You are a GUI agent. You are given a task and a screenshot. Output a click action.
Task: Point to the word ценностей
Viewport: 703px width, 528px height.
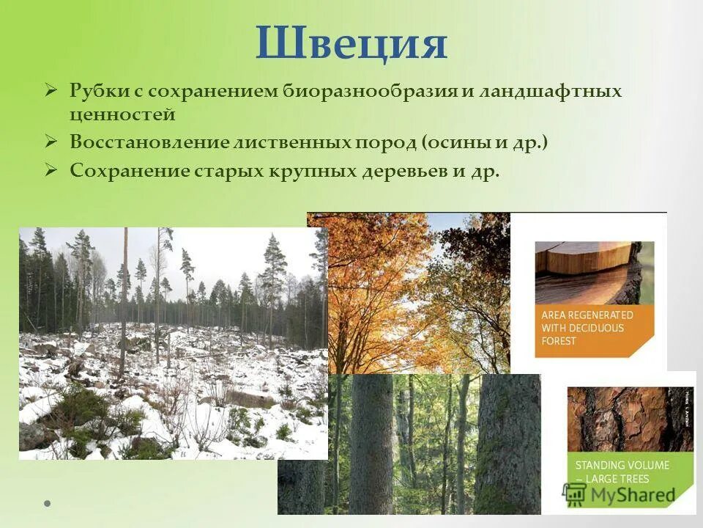pyautogui.click(x=122, y=114)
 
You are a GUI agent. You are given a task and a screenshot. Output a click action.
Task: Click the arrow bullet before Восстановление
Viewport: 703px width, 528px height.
pyautogui.click(x=51, y=142)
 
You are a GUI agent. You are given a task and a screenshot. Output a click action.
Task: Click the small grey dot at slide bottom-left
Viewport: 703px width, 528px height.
pyautogui.click(x=48, y=504)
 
